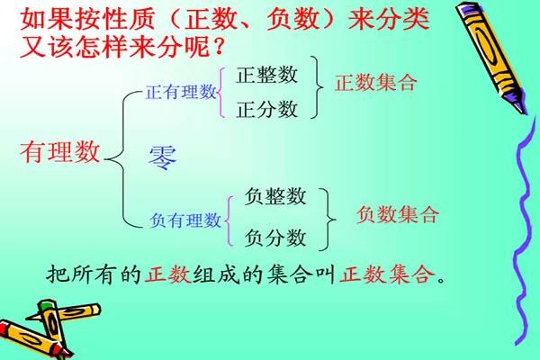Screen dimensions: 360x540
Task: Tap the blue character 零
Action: (x=163, y=157)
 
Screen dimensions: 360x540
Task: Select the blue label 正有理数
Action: (x=181, y=91)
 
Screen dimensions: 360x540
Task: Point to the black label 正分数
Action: (x=266, y=110)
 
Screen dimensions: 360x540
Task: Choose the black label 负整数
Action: (x=275, y=197)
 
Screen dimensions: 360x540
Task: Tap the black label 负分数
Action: (x=275, y=238)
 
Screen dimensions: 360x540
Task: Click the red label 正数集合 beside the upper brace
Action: (x=376, y=84)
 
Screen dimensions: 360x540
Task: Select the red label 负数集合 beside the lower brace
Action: (x=398, y=215)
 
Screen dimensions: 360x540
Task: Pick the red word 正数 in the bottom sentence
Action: (x=167, y=274)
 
